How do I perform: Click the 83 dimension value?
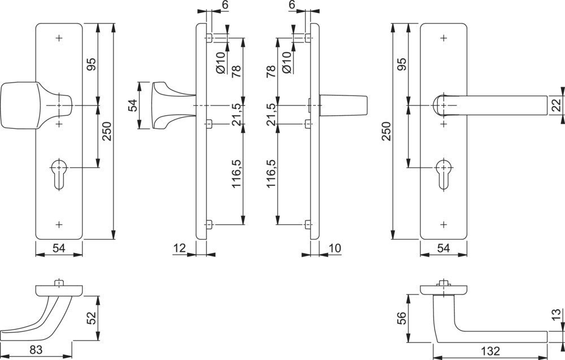pyautogui.click(x=36, y=350)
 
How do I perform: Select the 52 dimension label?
pyautogui.click(x=92, y=318)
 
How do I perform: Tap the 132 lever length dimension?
pyautogui.click(x=490, y=351)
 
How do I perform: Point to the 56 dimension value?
pyautogui.click(x=401, y=318)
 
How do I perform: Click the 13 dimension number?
pyautogui.click(x=557, y=315)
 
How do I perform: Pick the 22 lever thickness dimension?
pyautogui.click(x=557, y=106)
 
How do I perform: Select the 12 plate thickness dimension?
pyautogui.click(x=180, y=248)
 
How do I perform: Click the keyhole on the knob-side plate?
pyautogui.click(x=59, y=175)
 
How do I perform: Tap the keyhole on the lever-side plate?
pyautogui.click(x=444, y=175)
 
